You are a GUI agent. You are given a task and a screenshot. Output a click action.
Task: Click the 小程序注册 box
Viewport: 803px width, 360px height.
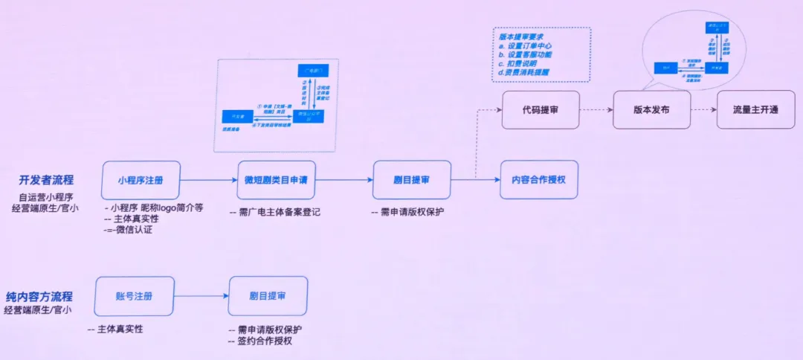coord(141,180)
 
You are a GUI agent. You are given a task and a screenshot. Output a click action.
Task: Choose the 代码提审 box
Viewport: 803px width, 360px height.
coord(541,109)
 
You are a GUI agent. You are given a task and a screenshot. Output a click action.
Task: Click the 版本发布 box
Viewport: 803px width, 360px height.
coord(651,109)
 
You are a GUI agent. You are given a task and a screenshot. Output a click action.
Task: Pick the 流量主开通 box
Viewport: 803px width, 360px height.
coord(755,109)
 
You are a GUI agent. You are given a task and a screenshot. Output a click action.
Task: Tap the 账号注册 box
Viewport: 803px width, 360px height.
coord(135,296)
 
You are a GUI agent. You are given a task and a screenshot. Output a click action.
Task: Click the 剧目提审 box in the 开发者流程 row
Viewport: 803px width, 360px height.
coord(412,180)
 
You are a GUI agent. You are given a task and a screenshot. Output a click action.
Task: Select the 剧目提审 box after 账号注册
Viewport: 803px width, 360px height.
coord(268,296)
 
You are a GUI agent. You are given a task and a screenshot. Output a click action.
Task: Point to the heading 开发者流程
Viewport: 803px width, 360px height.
coord(51,181)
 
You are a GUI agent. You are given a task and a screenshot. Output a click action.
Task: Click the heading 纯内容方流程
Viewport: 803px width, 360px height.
coord(44,297)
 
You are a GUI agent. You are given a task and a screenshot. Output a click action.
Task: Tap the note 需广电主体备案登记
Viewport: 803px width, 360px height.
coord(275,213)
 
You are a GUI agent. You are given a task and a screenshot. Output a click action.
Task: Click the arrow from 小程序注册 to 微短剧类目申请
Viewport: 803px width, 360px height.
coord(209,180)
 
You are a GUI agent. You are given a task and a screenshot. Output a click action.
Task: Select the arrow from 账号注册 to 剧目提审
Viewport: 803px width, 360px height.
coord(201,297)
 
